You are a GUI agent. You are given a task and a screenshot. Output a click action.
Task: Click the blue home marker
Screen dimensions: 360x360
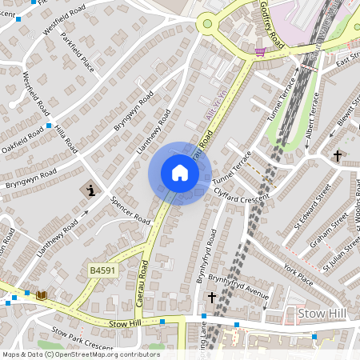tap(180, 173)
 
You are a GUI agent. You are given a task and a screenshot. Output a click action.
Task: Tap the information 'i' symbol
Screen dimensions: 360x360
tap(90, 190)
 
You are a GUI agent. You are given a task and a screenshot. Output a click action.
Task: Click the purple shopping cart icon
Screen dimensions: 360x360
tap(259, 52)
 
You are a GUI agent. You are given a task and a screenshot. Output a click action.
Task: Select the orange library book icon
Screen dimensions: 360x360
tap(42, 295)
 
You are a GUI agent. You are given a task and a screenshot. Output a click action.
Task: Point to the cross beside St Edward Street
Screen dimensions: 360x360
tap(338, 155)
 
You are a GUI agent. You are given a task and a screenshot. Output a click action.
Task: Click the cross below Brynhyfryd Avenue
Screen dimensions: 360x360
tap(212, 298)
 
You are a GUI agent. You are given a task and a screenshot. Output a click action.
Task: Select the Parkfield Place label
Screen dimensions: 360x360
tap(78, 53)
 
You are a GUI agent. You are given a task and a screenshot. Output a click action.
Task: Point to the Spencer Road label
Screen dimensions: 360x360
tap(130, 210)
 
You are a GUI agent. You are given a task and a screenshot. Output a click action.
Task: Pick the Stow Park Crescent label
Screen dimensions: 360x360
tap(82, 335)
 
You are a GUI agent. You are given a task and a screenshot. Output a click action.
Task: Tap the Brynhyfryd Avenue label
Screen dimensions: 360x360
tap(238, 283)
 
